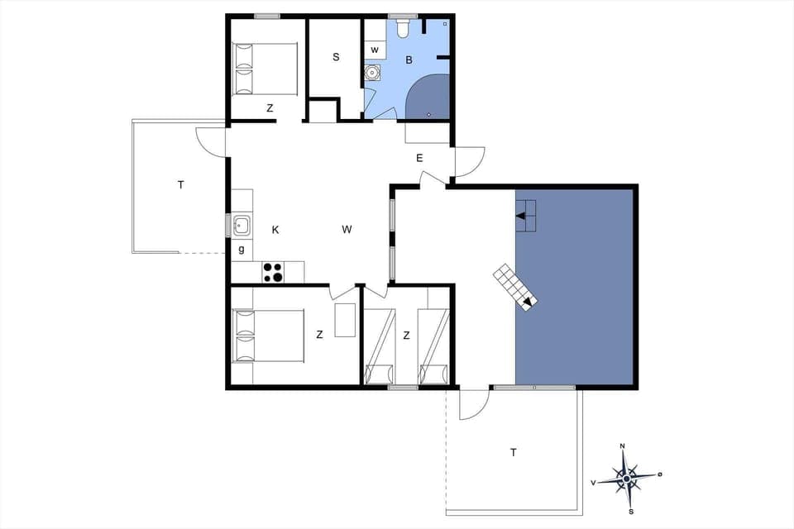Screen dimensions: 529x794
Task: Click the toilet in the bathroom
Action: click(403, 30)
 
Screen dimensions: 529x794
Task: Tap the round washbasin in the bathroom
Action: click(374, 73)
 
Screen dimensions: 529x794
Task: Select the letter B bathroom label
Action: click(409, 60)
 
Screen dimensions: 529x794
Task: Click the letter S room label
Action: click(336, 57)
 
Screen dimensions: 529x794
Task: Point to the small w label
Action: click(375, 50)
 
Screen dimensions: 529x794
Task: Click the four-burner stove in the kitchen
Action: click(273, 272)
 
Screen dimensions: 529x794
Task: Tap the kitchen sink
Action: click(242, 225)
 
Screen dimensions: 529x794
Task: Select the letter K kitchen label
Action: click(275, 230)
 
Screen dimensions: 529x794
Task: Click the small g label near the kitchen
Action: click(242, 249)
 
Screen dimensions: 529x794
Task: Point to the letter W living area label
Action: click(347, 230)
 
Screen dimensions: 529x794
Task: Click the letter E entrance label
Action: click(419, 158)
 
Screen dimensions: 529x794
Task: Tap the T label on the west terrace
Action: click(180, 185)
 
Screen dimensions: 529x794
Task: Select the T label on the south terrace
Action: click(514, 452)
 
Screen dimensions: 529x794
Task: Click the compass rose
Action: click(626, 477)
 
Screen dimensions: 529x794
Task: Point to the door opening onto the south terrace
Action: click(474, 403)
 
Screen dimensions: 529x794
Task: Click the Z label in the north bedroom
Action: click(270, 108)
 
